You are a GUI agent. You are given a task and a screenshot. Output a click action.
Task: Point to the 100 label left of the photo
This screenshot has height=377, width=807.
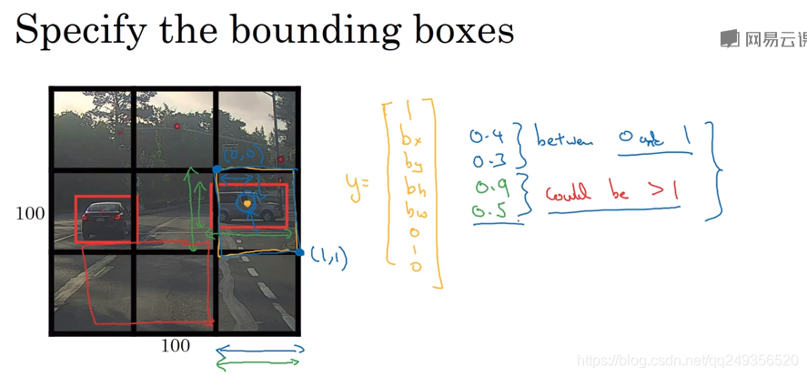point(30,214)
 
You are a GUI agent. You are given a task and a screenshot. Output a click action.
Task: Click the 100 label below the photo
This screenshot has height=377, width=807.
point(176,346)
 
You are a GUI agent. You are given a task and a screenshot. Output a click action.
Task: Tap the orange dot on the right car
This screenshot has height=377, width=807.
point(246,206)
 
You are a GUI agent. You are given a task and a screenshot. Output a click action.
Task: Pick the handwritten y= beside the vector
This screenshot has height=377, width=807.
point(358,185)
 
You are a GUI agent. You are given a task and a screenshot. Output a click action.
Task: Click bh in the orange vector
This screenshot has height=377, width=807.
point(409,189)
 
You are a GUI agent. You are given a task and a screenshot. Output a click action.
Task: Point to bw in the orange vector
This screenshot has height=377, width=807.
point(409,216)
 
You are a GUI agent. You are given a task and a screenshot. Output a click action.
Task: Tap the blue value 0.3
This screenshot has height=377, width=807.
point(485,162)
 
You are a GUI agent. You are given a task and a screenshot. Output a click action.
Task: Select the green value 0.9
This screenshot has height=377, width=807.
point(487,189)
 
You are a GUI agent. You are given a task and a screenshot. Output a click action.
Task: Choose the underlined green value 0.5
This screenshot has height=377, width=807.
point(487,213)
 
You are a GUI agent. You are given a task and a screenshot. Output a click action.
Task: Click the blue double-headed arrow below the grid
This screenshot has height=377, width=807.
point(260,349)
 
